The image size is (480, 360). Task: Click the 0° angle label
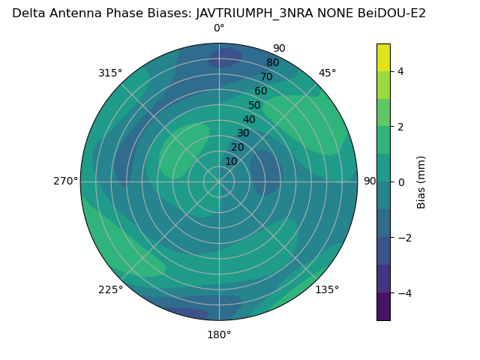click(x=219, y=28)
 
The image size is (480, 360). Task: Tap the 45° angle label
click(x=328, y=73)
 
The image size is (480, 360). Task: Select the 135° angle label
click(x=327, y=289)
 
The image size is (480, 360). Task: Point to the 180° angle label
click(x=219, y=334)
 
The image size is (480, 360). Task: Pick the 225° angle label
click(x=110, y=289)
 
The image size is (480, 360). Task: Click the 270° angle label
click(x=66, y=181)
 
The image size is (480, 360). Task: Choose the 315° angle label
click(x=110, y=73)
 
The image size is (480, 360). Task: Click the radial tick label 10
click(x=231, y=161)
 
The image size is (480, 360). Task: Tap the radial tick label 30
click(x=243, y=133)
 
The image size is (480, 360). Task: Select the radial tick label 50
click(x=254, y=106)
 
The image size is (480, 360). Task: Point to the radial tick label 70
click(x=266, y=76)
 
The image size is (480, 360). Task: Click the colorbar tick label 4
click(x=401, y=71)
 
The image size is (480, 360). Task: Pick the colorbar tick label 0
click(x=401, y=181)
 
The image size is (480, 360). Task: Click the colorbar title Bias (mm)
click(x=421, y=181)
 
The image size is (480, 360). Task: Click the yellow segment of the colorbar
click(x=383, y=58)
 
